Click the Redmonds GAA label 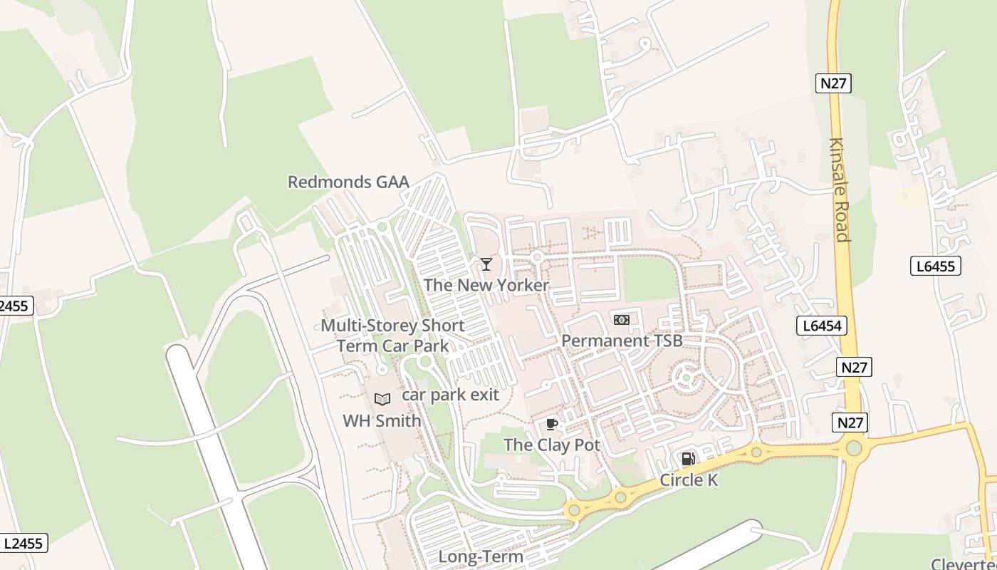(x=348, y=182)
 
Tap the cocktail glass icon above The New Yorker (x=486, y=265)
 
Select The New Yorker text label (x=486, y=285)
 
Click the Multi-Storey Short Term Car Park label (x=392, y=336)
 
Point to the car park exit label (x=450, y=395)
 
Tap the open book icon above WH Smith (x=382, y=399)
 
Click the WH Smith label (x=382, y=420)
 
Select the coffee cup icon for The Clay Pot (x=551, y=425)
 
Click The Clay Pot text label (x=552, y=445)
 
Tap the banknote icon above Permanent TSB (x=622, y=320)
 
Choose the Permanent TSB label (x=622, y=341)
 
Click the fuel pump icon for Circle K (x=688, y=459)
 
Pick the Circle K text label (x=689, y=480)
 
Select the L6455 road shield (x=936, y=266)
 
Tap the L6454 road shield (x=821, y=326)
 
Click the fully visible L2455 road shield (x=24, y=543)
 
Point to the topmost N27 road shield (x=833, y=83)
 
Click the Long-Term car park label (x=480, y=556)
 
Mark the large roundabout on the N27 (x=854, y=448)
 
